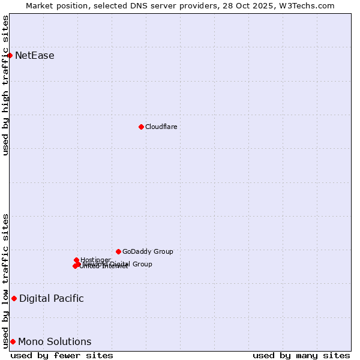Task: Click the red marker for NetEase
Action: point(10,55)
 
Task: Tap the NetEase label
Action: point(35,56)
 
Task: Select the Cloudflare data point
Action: point(141,127)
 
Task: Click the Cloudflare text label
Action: point(161,127)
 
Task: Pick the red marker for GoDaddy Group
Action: point(118,251)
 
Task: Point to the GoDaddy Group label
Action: point(148,251)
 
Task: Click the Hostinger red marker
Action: point(77,260)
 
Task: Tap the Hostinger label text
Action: point(95,260)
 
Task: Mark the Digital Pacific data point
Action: point(14,298)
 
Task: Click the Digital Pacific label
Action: point(52,298)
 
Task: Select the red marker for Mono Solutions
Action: point(13,341)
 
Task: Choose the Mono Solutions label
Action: point(55,342)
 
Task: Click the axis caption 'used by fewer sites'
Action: point(62,355)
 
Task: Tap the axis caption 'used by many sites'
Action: point(301,355)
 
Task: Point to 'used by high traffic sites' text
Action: point(6,85)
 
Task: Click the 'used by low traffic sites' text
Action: point(6,280)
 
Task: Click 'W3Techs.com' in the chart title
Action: point(310,5)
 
